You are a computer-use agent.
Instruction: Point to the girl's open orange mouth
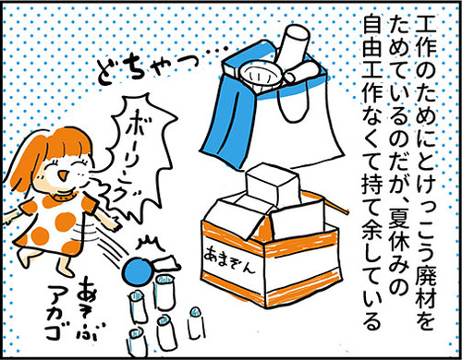[x=63, y=175]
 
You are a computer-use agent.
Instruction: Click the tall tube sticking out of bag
[x=294, y=43]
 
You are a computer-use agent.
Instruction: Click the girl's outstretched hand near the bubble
[x=115, y=224]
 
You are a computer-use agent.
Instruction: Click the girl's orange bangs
[x=67, y=145]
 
